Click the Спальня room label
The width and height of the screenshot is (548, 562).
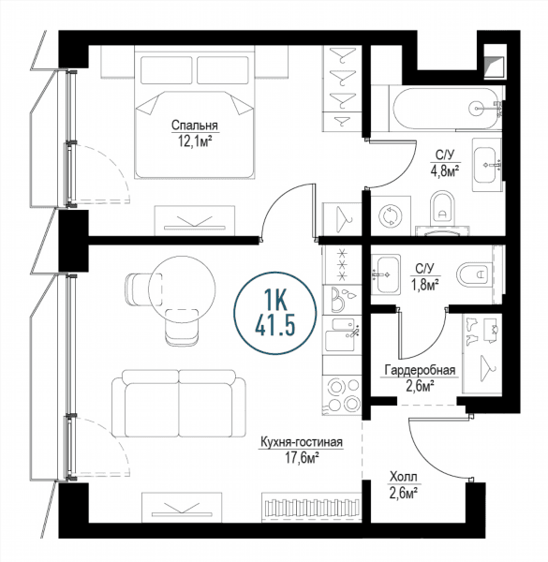point(194,126)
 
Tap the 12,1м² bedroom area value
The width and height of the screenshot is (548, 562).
point(194,140)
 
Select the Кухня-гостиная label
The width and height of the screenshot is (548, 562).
point(302,442)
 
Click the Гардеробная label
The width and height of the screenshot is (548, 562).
point(420,370)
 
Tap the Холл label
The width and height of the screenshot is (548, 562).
point(403,477)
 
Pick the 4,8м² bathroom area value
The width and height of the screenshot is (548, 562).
point(445,170)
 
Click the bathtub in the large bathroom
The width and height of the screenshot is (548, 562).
point(446,108)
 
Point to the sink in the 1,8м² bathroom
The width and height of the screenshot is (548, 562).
point(386,274)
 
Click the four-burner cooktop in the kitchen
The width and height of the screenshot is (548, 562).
point(342,394)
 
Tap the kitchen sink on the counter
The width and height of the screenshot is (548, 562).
point(341,334)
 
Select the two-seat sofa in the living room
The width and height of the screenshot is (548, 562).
point(179,403)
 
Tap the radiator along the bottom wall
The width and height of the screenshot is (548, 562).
point(311,507)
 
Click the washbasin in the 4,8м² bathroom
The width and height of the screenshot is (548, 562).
point(486,165)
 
